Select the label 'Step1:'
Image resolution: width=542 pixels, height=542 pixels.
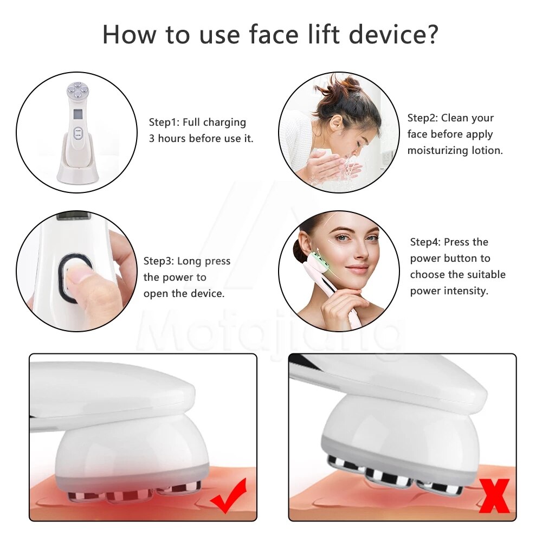(x=165, y=122)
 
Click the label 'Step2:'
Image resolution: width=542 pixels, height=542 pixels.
(x=423, y=118)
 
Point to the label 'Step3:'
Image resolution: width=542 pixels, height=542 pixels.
(x=158, y=261)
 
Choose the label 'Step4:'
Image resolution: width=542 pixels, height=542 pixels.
(x=425, y=242)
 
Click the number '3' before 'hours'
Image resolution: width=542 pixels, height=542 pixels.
(x=152, y=139)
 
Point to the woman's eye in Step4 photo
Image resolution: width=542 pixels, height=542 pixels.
(x=341, y=237)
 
